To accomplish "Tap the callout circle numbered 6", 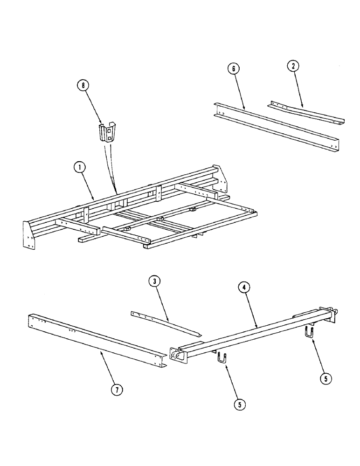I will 234,69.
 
